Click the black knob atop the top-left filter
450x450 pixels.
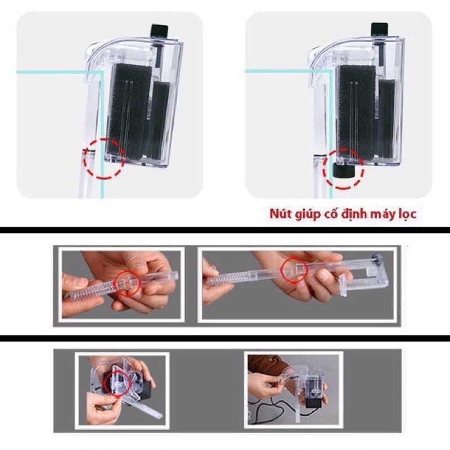point(157,30)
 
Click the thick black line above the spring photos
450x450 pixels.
point(225,230)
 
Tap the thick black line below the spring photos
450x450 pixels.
point(225,337)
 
